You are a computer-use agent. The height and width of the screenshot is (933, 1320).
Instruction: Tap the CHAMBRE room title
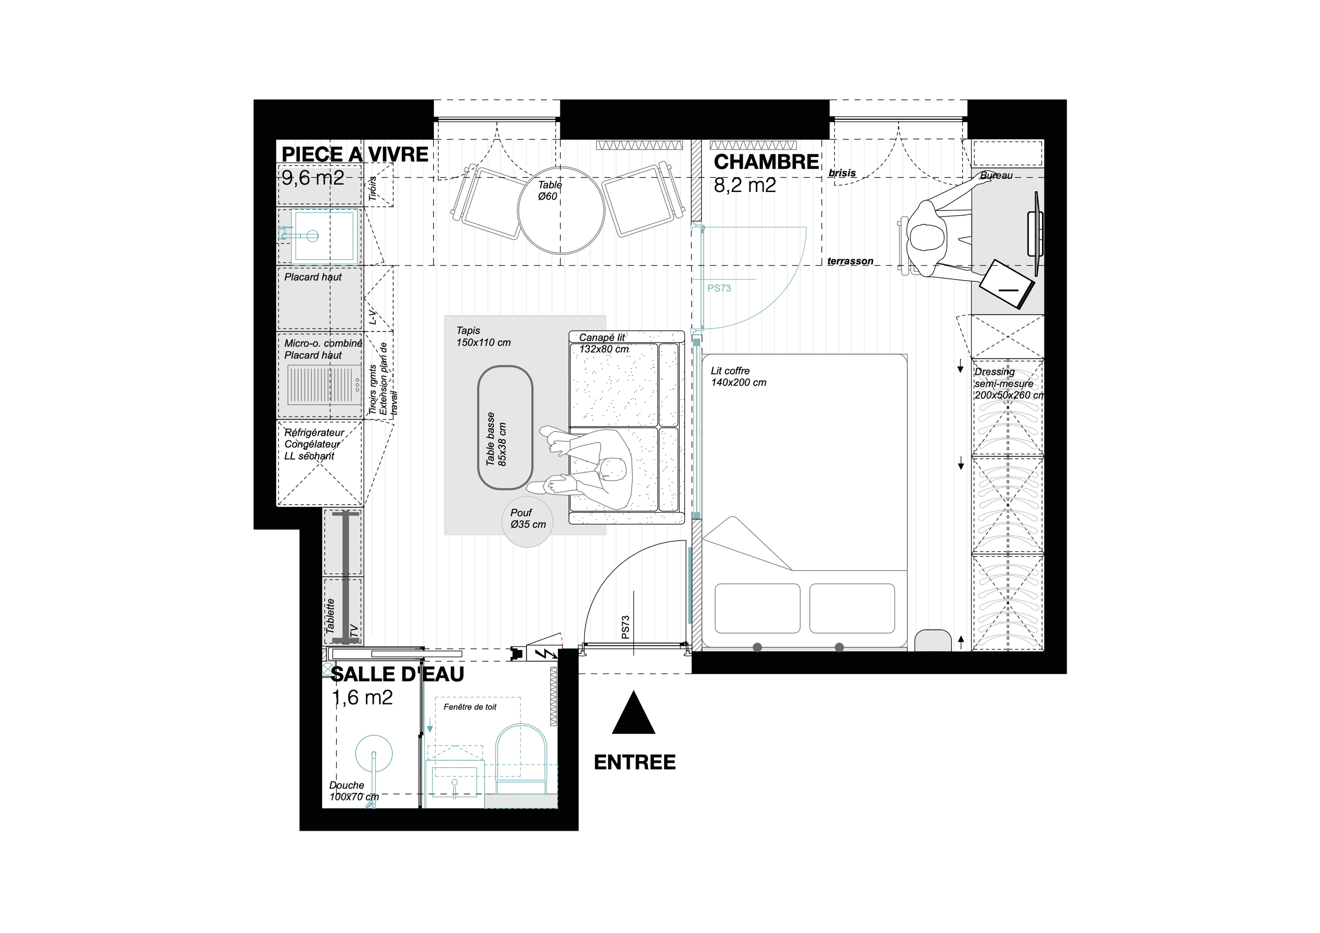766,162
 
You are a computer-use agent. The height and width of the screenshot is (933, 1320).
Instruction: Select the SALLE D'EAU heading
398,674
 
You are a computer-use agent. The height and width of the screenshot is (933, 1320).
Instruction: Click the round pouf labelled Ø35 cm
527,521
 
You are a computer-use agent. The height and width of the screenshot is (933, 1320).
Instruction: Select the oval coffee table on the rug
505,428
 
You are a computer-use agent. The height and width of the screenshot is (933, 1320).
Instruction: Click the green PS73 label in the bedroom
719,288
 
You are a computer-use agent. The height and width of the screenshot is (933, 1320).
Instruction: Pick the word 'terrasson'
850,261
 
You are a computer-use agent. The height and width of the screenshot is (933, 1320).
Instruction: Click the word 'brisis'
842,173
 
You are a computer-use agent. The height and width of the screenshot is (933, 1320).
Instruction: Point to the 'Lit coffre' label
730,371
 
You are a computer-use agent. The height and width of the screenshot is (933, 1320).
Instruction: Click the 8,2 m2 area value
745,185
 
